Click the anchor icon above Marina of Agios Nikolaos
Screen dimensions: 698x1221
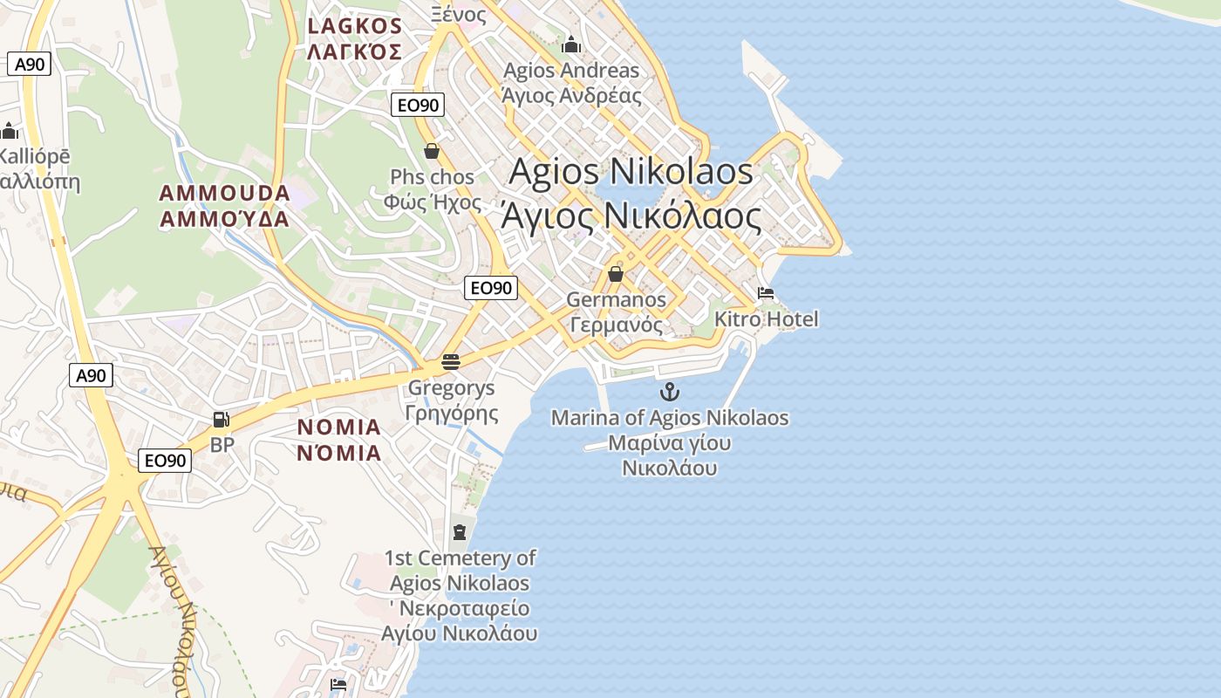670,391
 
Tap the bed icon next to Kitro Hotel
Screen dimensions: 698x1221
766,293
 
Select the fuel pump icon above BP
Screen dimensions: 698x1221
222,420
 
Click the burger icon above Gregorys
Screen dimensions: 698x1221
451,361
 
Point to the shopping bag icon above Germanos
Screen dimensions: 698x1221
615,274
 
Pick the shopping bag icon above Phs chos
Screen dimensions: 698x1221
431,151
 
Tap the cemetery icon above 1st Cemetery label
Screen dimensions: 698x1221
460,531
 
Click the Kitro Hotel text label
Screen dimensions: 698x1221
767,319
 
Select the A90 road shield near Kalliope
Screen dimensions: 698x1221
29,64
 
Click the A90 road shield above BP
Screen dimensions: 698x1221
91,375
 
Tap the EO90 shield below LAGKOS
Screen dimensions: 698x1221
418,105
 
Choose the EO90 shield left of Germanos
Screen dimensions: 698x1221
491,287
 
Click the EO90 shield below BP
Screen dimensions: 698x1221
165,460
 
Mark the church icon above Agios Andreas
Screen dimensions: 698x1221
571,44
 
